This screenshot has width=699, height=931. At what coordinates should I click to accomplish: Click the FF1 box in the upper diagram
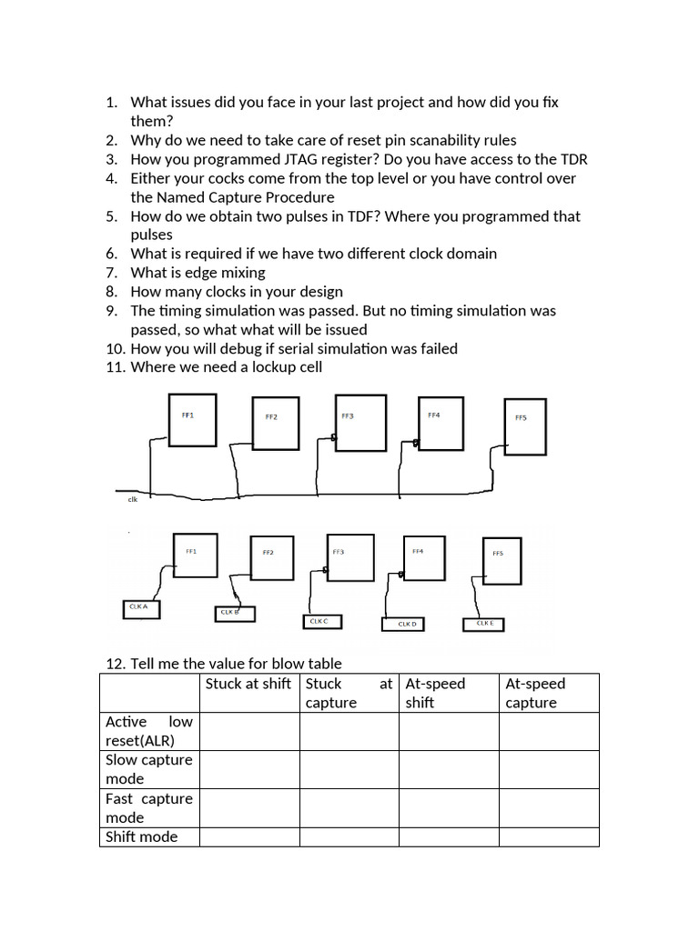pos(192,420)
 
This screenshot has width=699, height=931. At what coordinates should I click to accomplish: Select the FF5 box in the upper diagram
pos(525,425)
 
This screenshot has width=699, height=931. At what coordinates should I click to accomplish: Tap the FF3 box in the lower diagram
pos(349,557)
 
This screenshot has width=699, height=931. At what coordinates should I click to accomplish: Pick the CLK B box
pos(234,614)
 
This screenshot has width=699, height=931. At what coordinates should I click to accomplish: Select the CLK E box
pos(483,624)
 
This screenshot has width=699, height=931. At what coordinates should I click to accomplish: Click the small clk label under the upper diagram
pos(132,499)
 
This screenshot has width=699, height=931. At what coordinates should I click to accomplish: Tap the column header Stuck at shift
pos(248,684)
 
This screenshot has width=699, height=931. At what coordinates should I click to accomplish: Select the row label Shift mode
pos(142,836)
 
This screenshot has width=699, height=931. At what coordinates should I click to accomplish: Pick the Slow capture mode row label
pos(149,769)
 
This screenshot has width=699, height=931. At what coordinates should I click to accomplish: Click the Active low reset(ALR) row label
pos(149,731)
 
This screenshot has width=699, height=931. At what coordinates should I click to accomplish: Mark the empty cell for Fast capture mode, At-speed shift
pos(448,807)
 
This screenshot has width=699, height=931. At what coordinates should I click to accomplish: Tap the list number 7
pos(112,273)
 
